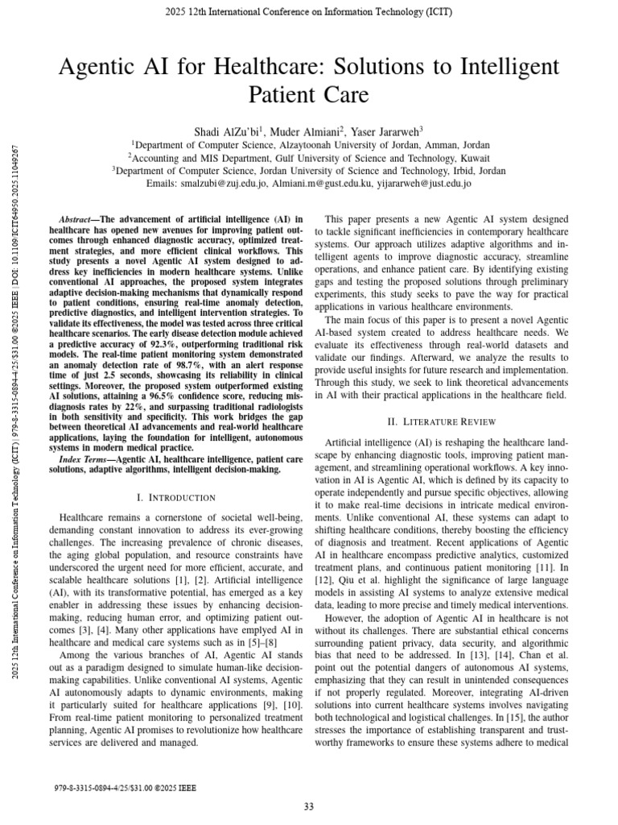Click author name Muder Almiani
307,131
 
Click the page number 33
309,807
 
